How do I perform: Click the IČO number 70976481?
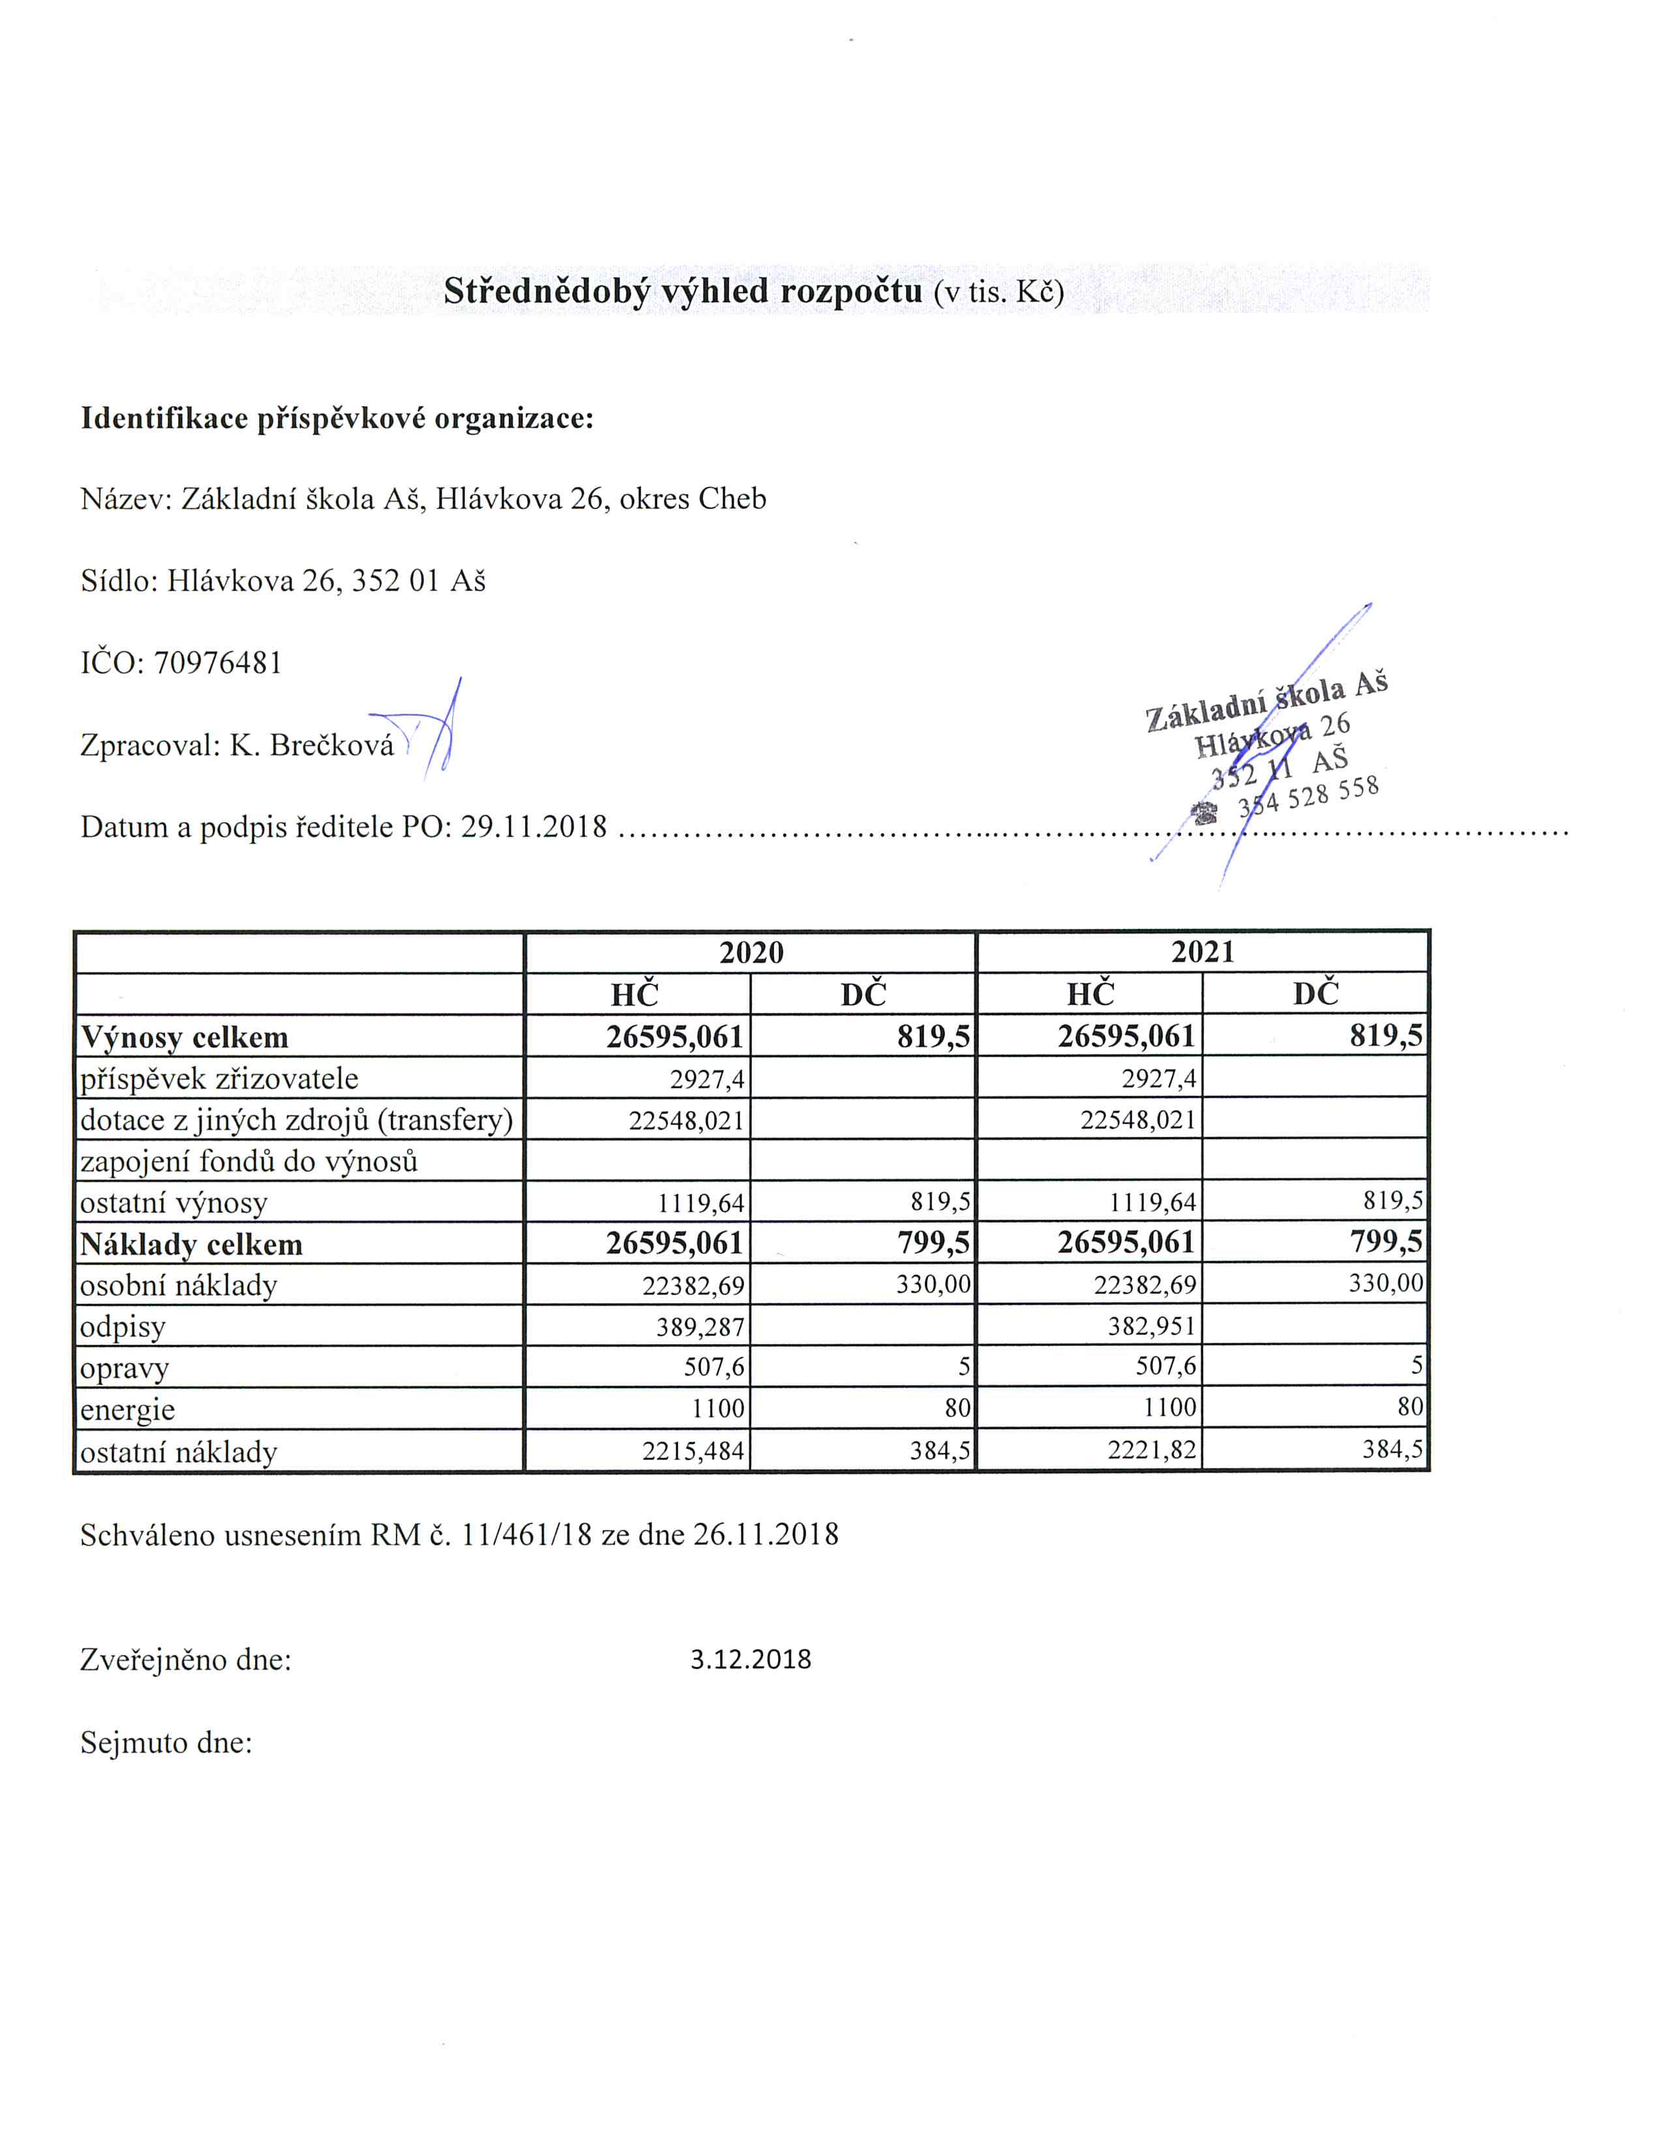pos(218,663)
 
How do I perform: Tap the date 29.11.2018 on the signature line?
pos(534,827)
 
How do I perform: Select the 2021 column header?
pos(1203,952)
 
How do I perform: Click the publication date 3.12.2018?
pos(751,1660)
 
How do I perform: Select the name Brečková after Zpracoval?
pos(332,746)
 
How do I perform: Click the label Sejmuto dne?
pos(166,1743)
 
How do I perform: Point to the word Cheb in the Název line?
pos(732,499)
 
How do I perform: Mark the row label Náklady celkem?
pos(191,1245)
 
